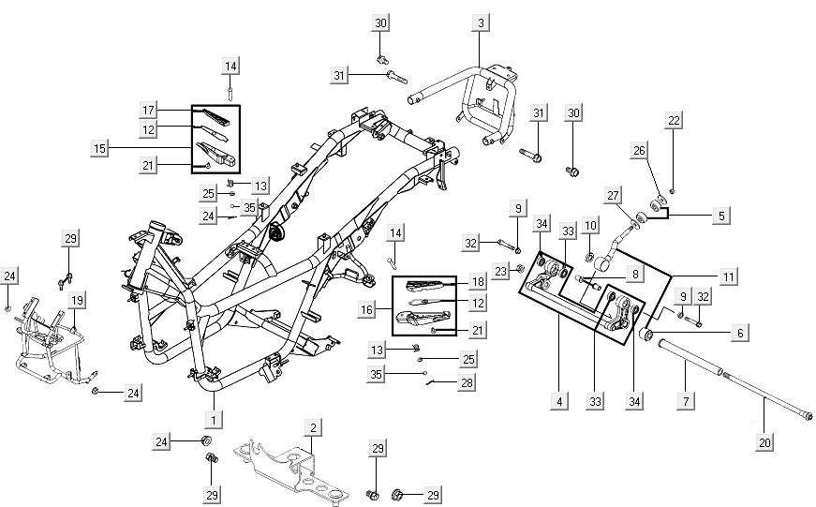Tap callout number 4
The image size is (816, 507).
click(559, 401)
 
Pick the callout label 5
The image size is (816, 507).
click(721, 216)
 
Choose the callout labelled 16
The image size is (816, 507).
click(366, 308)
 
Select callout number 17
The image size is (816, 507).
click(148, 111)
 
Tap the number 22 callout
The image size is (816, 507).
click(675, 120)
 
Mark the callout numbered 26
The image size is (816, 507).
click(640, 149)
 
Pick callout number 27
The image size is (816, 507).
click(613, 195)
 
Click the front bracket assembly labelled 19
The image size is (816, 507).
click(42, 337)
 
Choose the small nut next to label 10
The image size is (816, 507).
click(590, 256)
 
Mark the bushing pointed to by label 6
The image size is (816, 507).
click(646, 335)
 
